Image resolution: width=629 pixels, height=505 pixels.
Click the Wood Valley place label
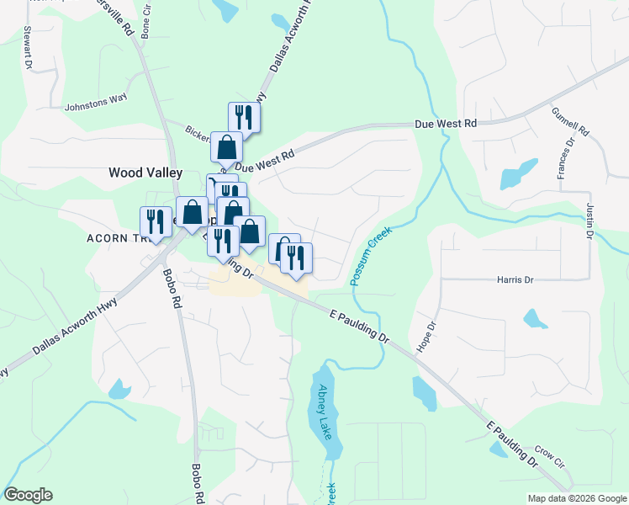[145, 173]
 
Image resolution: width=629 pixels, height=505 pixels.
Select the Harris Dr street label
[515, 279]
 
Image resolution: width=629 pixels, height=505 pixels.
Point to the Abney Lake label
[325, 412]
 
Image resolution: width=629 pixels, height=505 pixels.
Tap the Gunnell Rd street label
[571, 121]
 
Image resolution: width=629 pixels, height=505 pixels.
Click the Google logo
[28, 495]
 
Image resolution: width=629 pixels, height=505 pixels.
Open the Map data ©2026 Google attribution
[576, 498]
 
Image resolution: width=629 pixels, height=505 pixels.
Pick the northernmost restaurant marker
[244, 116]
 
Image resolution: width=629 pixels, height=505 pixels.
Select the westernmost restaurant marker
[155, 221]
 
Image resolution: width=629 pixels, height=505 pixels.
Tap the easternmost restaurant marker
[296, 258]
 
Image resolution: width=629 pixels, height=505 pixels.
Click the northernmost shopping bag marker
[227, 147]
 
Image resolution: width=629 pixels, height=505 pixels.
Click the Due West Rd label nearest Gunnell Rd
[446, 124]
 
